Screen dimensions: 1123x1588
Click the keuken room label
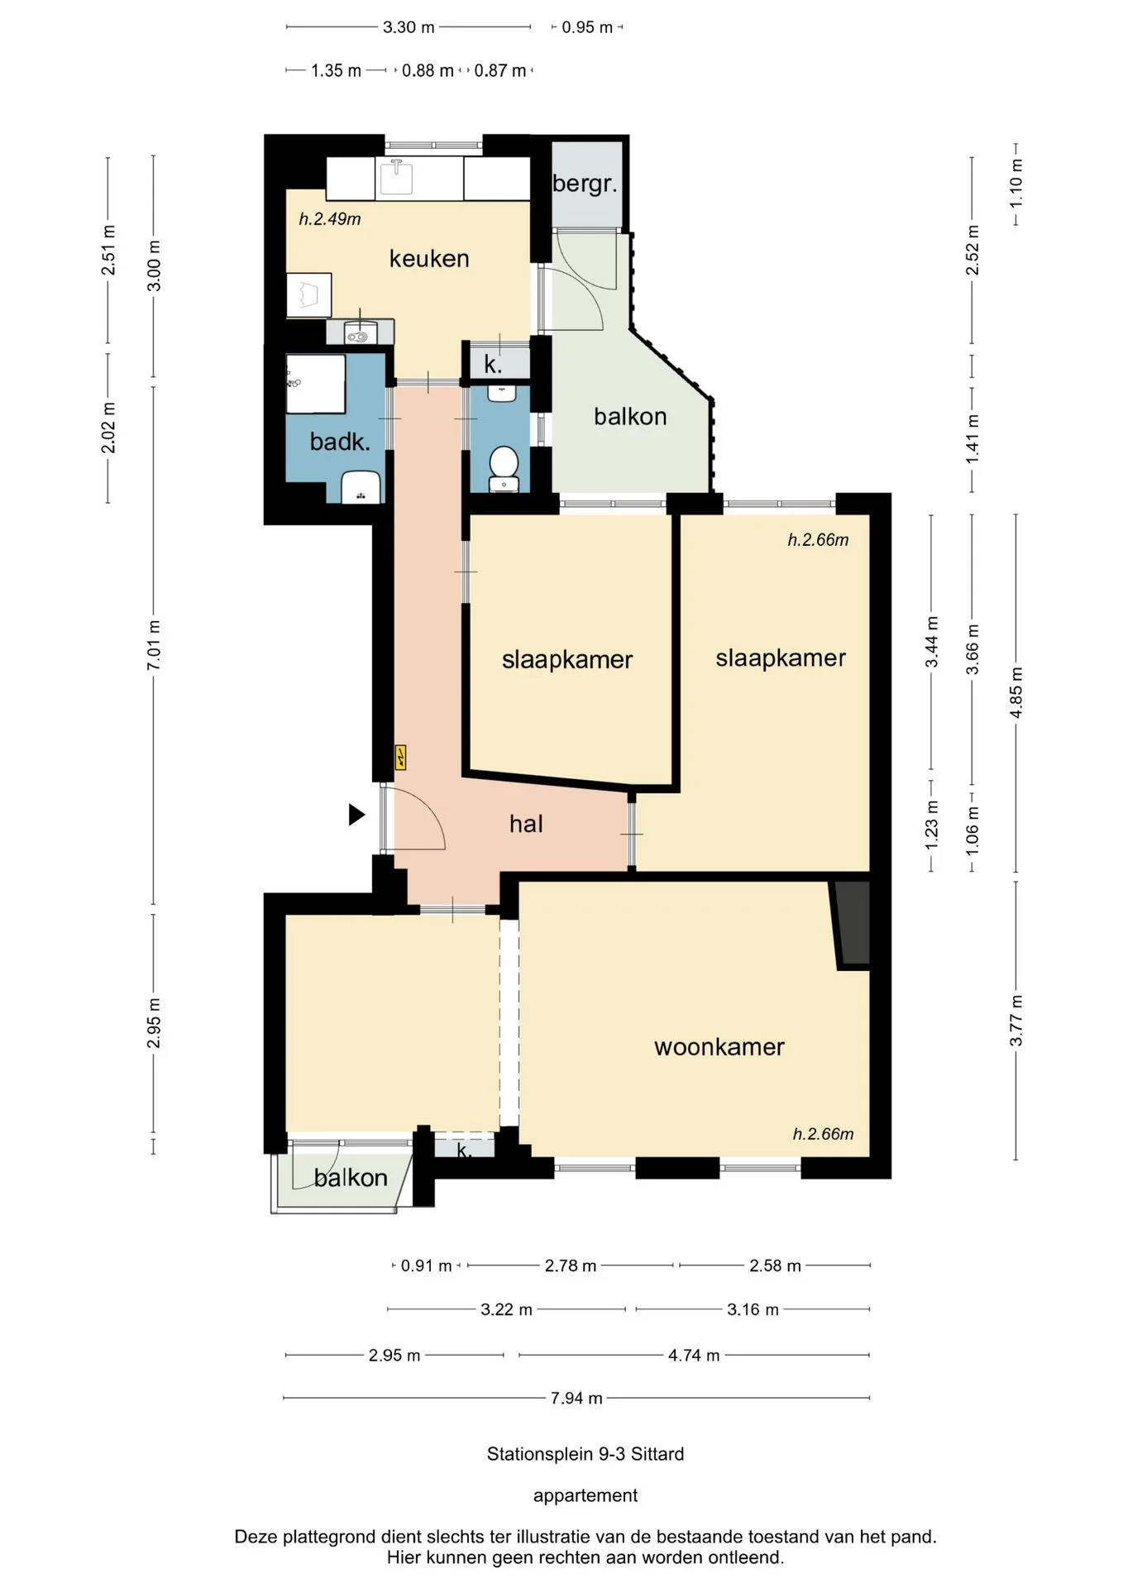[429, 259]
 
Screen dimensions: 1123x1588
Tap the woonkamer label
[719, 1047]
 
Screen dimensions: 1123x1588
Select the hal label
[526, 824]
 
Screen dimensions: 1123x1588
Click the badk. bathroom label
[340, 442]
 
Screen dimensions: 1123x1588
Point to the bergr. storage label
[585, 184]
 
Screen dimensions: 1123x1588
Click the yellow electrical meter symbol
[401, 757]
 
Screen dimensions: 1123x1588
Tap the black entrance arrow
[356, 815]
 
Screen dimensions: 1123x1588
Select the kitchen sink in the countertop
[395, 177]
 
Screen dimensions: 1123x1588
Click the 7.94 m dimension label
[576, 1399]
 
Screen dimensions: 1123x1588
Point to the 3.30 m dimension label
[409, 27]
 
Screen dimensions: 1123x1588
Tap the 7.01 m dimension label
[154, 645]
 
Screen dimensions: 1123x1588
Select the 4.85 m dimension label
[1016, 693]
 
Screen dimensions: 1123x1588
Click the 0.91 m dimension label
[426, 1266]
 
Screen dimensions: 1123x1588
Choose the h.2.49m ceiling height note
[330, 219]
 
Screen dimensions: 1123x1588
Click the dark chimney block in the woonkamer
[853, 923]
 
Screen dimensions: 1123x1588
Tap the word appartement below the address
[585, 1495]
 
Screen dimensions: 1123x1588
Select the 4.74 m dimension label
[694, 1356]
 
